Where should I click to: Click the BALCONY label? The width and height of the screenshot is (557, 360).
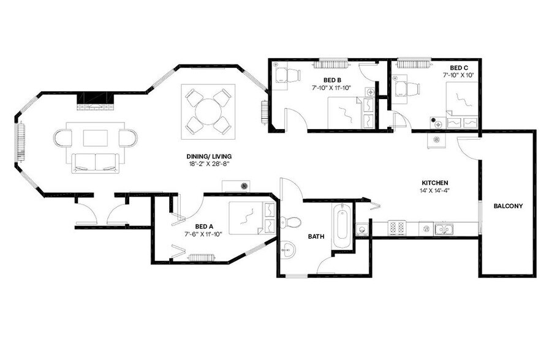pyautogui.click(x=508, y=206)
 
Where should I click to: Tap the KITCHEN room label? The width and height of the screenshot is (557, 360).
pyautogui.click(x=434, y=183)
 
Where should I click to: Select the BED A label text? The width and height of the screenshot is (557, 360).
pyautogui.click(x=204, y=227)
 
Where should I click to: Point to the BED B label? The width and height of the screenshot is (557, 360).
pyautogui.click(x=332, y=80)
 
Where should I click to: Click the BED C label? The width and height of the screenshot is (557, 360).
pyautogui.click(x=458, y=68)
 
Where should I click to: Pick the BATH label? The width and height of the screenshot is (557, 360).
pyautogui.click(x=316, y=236)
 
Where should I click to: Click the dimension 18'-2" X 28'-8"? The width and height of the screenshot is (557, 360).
pyautogui.click(x=209, y=164)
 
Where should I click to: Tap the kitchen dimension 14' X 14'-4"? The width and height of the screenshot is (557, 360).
pyautogui.click(x=434, y=190)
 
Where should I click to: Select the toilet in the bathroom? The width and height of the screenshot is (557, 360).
pyautogui.click(x=290, y=222)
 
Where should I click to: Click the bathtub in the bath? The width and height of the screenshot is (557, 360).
pyautogui.click(x=342, y=226)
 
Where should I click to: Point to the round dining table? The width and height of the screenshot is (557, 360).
pyautogui.click(x=208, y=111)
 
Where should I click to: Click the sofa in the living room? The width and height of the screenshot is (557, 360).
pyautogui.click(x=95, y=163)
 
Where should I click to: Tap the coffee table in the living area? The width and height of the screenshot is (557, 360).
pyautogui.click(x=96, y=138)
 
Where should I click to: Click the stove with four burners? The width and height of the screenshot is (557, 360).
pyautogui.click(x=397, y=228)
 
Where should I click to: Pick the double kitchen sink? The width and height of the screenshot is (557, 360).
pyautogui.click(x=444, y=229)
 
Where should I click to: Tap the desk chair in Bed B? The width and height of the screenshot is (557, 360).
pyautogui.click(x=293, y=76)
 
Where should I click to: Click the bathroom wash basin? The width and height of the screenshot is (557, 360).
pyautogui.click(x=287, y=250)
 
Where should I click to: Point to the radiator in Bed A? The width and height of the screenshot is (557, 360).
pyautogui.click(x=201, y=257)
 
